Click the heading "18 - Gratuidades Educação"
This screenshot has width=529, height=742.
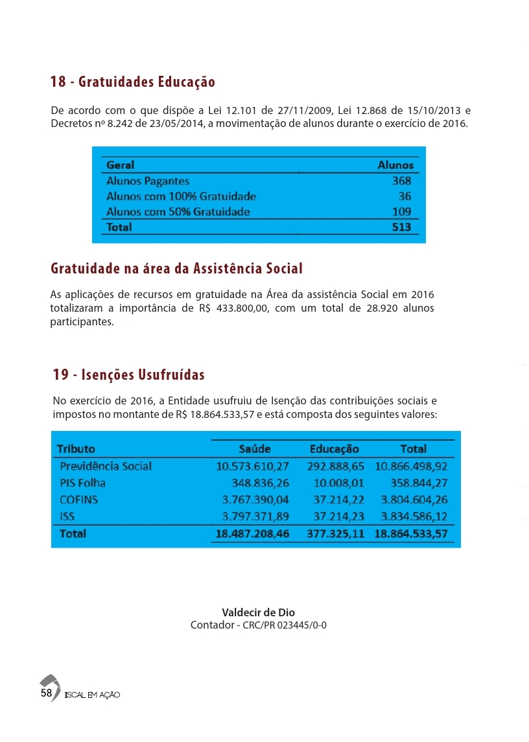tap(133, 82)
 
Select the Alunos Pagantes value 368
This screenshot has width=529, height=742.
tap(401, 181)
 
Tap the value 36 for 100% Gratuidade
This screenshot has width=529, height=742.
tap(405, 196)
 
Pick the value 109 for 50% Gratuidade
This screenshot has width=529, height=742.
tap(401, 212)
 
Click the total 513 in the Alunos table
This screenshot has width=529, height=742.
tap(401, 227)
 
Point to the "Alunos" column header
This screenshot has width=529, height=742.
tap(395, 165)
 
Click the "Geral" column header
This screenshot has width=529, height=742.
tap(120, 165)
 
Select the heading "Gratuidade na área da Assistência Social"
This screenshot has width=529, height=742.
tap(176, 268)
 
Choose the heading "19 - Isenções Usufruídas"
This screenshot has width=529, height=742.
tap(128, 375)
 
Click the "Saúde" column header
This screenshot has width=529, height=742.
tap(255, 448)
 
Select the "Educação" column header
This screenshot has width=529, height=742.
tap(334, 448)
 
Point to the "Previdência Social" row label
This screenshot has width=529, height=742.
tap(106, 466)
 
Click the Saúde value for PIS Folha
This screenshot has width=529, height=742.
tap(260, 483)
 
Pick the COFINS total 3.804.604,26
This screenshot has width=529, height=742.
tap(414, 500)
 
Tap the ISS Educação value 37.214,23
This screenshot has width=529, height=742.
tap(338, 516)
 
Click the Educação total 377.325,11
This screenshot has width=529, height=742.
tap(335, 534)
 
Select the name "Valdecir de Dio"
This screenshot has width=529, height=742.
tap(258, 612)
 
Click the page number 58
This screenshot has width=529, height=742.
tap(46, 693)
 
